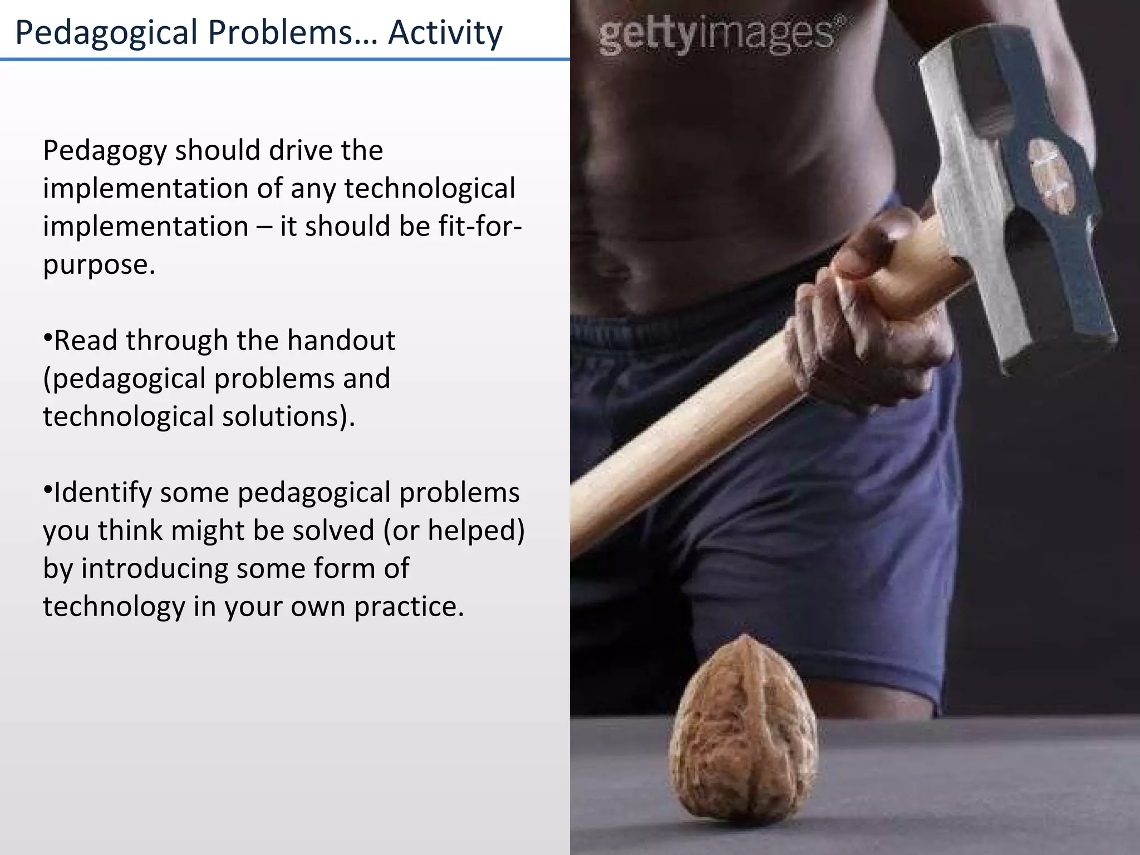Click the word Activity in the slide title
[x=445, y=32]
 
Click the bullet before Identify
[x=47, y=490]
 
